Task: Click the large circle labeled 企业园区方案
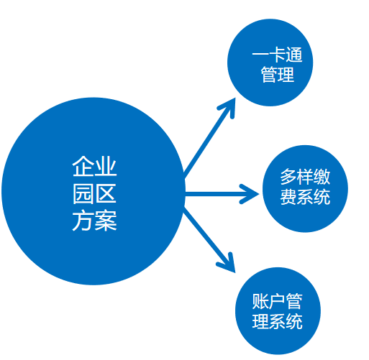pyautogui.click(x=94, y=191)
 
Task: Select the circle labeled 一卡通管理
pyautogui.click(x=270, y=63)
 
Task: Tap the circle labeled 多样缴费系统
pyautogui.click(x=305, y=188)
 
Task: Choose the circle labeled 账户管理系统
pyautogui.click(x=278, y=310)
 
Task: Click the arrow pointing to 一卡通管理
pyautogui.click(x=209, y=139)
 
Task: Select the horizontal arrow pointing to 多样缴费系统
pyautogui.click(x=222, y=194)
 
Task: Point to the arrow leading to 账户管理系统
pyautogui.click(x=209, y=239)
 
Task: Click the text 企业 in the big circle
pyautogui.click(x=94, y=166)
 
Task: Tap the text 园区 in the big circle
pyautogui.click(x=94, y=194)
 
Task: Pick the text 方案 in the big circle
pyautogui.click(x=94, y=221)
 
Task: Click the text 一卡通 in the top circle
pyautogui.click(x=277, y=55)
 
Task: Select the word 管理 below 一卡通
pyautogui.click(x=278, y=75)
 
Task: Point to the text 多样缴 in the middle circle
pyautogui.click(x=305, y=177)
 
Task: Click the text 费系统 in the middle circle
pyautogui.click(x=305, y=197)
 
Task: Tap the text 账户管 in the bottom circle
pyautogui.click(x=278, y=301)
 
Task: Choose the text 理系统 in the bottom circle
pyautogui.click(x=278, y=321)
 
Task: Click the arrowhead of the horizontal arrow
pyautogui.click(x=250, y=194)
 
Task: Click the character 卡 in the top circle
pyautogui.click(x=278, y=55)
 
